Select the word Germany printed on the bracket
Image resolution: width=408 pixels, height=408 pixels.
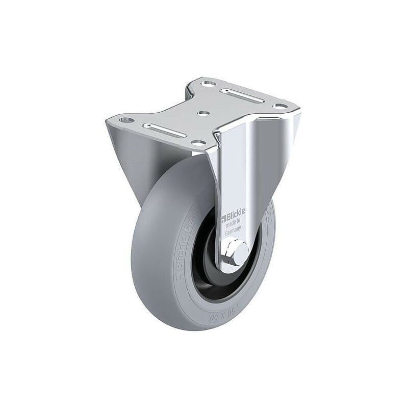click(236, 229)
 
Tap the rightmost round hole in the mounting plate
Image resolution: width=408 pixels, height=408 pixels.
click(278, 106)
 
